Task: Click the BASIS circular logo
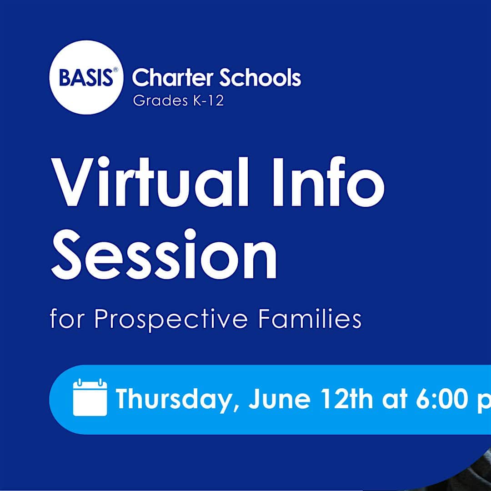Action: [86, 77]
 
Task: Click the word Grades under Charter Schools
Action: [160, 101]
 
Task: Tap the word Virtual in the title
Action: [150, 183]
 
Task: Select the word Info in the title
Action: [329, 183]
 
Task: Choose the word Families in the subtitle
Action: [310, 319]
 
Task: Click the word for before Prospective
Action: [68, 319]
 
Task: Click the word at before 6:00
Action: [395, 400]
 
